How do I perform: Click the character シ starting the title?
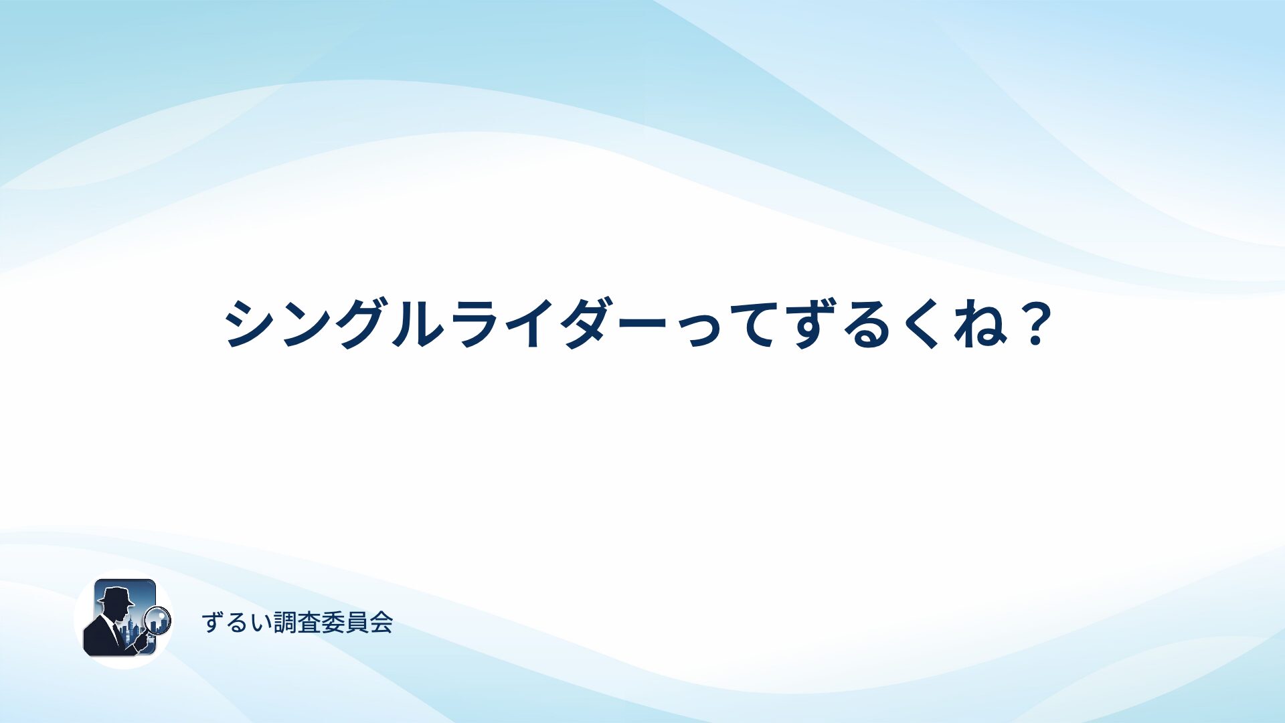coord(248,323)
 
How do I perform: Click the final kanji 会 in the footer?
coord(381,623)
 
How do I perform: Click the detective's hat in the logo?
coord(115,595)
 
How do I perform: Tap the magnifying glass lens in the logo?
coord(158,620)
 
